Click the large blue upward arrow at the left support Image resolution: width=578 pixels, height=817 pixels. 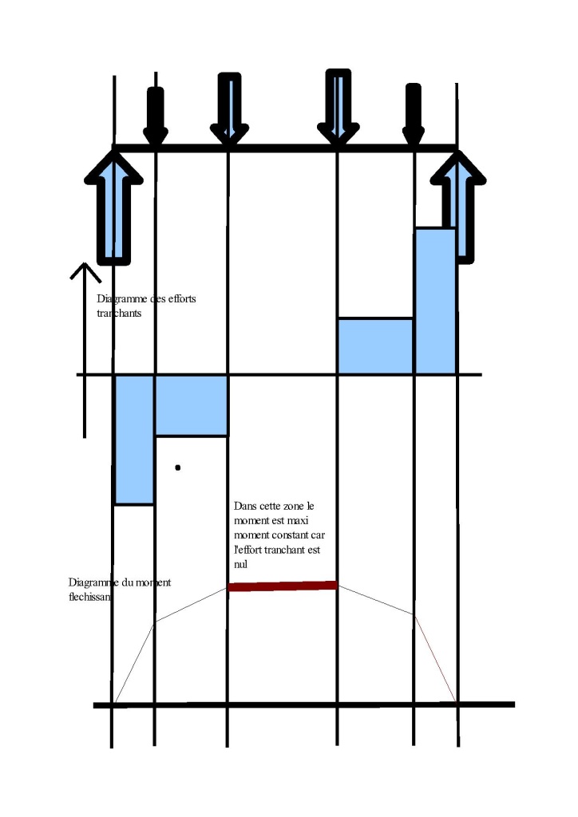click(113, 209)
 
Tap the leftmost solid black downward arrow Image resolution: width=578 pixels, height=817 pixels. click(156, 116)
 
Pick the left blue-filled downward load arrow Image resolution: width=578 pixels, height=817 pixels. click(229, 108)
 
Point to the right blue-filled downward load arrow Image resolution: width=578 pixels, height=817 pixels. click(338, 106)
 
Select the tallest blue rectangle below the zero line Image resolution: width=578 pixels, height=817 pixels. click(134, 440)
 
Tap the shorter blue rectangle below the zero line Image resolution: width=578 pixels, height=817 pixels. click(192, 405)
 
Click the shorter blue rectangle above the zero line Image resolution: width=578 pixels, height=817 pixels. click(375, 346)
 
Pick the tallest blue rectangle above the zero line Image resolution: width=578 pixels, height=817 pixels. click(435, 302)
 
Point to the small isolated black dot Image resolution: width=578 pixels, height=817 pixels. click(177, 468)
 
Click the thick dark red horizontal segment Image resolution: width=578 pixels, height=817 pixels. click(283, 586)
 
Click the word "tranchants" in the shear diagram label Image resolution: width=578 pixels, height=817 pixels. click(118, 313)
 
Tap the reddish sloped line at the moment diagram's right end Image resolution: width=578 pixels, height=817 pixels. click(436, 659)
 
